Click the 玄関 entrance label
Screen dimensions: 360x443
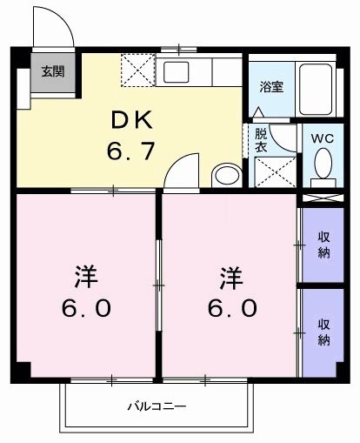(53, 71)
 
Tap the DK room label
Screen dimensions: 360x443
(132, 120)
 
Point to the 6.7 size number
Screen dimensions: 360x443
(130, 151)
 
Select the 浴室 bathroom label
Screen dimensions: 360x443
(271, 86)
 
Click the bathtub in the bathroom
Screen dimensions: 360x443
(316, 90)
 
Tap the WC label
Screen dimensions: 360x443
(323, 138)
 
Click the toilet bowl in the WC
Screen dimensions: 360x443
(323, 163)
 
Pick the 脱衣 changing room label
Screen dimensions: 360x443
(261, 141)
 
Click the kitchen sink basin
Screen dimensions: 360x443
(176, 72)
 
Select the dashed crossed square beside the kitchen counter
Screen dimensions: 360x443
(138, 70)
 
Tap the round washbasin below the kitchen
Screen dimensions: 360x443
(227, 175)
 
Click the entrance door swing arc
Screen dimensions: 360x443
(59, 20)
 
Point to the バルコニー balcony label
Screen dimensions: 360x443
(157, 406)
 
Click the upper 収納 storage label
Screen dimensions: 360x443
(324, 245)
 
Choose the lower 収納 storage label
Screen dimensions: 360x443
(324, 332)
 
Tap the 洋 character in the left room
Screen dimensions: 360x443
(86, 276)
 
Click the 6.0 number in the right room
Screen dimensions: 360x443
(232, 308)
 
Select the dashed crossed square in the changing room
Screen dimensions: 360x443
(275, 172)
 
